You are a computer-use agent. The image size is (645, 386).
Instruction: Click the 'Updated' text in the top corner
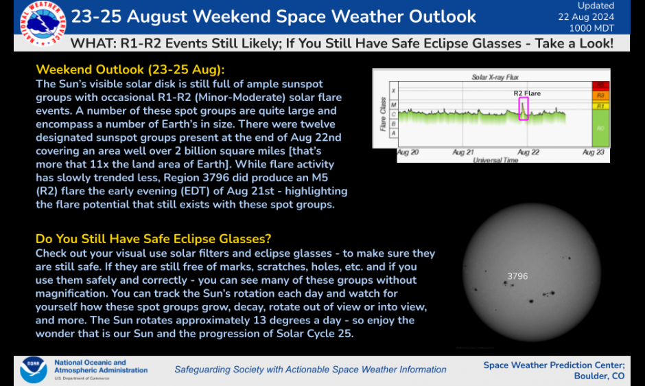(596, 5)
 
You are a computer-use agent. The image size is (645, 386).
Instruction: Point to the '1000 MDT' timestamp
(595, 28)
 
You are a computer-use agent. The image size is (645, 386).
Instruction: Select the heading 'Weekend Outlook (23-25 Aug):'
(130, 70)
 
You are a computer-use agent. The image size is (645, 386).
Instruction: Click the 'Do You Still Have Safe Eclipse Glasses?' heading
(153, 239)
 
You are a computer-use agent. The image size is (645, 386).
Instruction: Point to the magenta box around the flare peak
(524, 109)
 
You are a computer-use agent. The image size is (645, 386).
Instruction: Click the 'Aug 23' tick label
(593, 152)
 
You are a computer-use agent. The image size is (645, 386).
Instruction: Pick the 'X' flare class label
(393, 91)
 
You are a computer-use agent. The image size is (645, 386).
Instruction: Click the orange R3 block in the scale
(600, 95)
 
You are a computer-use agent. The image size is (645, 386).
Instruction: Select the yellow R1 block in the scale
(600, 106)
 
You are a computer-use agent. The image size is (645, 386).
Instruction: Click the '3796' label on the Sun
(517, 276)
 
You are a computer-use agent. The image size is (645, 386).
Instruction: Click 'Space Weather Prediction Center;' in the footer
(554, 365)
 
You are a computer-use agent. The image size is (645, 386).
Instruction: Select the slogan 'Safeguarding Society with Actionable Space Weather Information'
(310, 370)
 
